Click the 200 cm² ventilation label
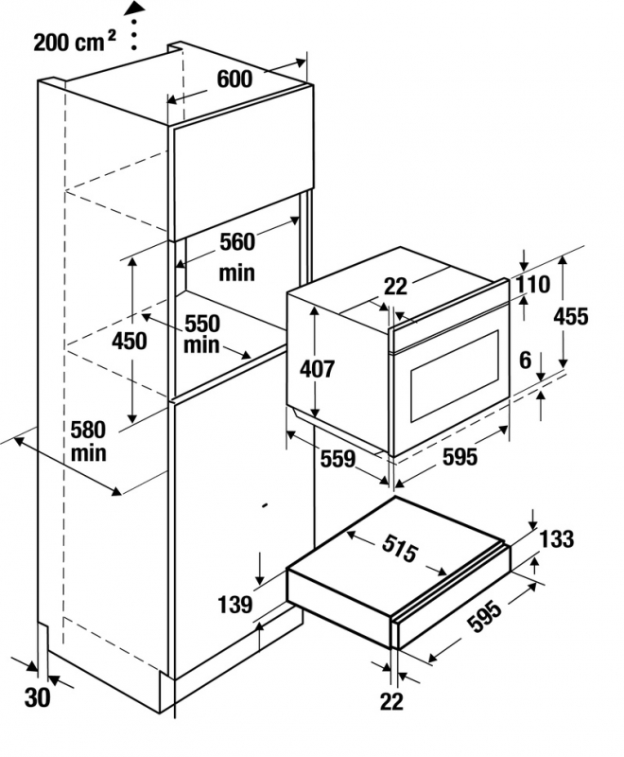[75, 42]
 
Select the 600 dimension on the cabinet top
[234, 79]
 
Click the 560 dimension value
[236, 241]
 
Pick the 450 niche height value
[130, 341]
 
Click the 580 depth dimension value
[88, 429]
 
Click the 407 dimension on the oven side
[317, 369]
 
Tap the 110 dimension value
[533, 284]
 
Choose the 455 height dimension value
[570, 316]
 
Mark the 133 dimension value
[557, 539]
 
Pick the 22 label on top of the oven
[395, 285]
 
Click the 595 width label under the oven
[459, 457]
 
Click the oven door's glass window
[454, 378]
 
